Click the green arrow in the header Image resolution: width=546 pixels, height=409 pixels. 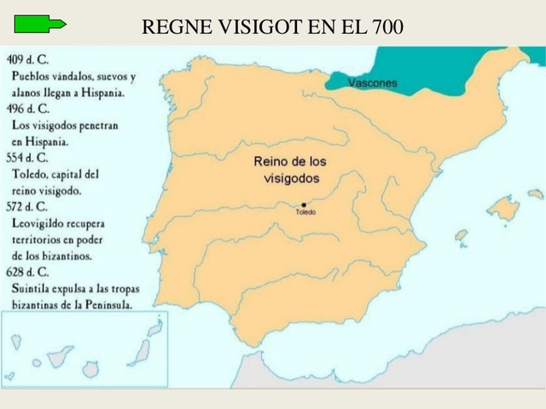pyautogui.click(x=41, y=25)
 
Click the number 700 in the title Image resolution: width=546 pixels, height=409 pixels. pyautogui.click(x=388, y=27)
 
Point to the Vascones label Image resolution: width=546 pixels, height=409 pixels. pyautogui.click(x=373, y=84)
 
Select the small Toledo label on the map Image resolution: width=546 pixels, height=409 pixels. pyautogui.click(x=305, y=212)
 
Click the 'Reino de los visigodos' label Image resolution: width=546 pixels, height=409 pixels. pyautogui.click(x=290, y=170)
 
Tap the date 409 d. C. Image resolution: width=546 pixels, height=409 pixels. pyautogui.click(x=26, y=60)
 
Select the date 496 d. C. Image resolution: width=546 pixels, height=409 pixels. pyautogui.click(x=26, y=108)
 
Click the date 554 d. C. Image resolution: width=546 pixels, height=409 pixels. pyautogui.click(x=26, y=158)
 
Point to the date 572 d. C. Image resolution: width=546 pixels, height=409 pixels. pyautogui.click(x=26, y=206)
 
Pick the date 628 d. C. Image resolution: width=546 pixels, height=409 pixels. pyautogui.click(x=26, y=272)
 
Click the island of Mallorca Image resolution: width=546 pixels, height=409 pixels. pyautogui.click(x=503, y=208)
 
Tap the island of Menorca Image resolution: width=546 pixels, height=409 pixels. pyautogui.click(x=535, y=194)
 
